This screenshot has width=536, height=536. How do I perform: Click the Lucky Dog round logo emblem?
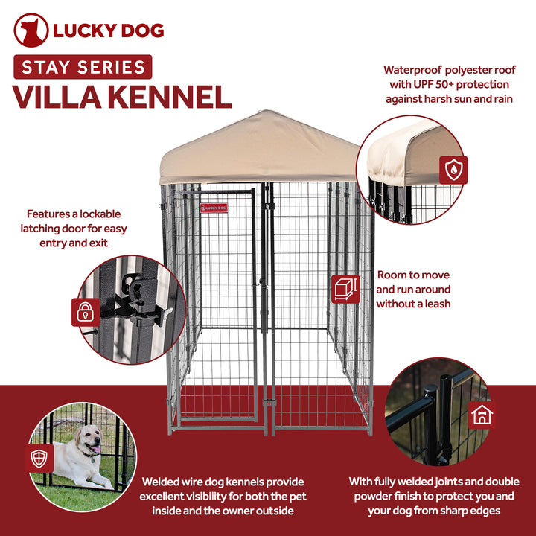click(x=31, y=31)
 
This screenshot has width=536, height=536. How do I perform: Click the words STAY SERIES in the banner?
click(x=83, y=68)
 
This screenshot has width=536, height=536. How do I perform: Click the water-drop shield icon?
click(x=453, y=170)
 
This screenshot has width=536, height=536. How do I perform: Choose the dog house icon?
click(x=482, y=414)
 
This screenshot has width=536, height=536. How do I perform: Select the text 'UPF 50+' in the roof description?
click(x=441, y=84)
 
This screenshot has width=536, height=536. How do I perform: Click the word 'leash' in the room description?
click(x=435, y=304)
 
